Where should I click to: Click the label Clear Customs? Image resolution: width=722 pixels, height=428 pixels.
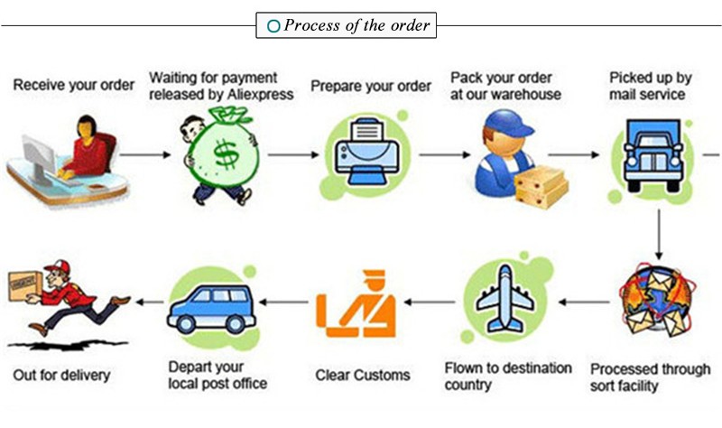point(362,374)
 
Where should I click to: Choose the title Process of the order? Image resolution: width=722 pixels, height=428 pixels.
point(357,24)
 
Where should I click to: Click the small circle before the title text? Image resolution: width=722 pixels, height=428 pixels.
point(273,25)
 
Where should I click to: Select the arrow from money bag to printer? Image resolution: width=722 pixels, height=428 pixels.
point(293,155)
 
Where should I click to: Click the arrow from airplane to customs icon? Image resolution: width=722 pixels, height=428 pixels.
point(430,302)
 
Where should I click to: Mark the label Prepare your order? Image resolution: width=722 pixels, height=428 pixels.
point(371,86)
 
